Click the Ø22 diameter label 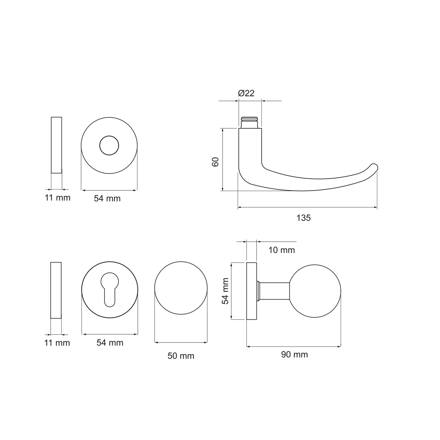tap(246, 93)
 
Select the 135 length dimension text tap(304, 218)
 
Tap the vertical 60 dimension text tap(215, 162)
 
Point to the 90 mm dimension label tap(294, 354)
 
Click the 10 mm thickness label tap(282, 250)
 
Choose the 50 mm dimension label tap(181, 356)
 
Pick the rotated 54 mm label tap(225, 291)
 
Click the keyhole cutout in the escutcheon tap(110, 289)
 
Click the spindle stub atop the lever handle tap(250, 122)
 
